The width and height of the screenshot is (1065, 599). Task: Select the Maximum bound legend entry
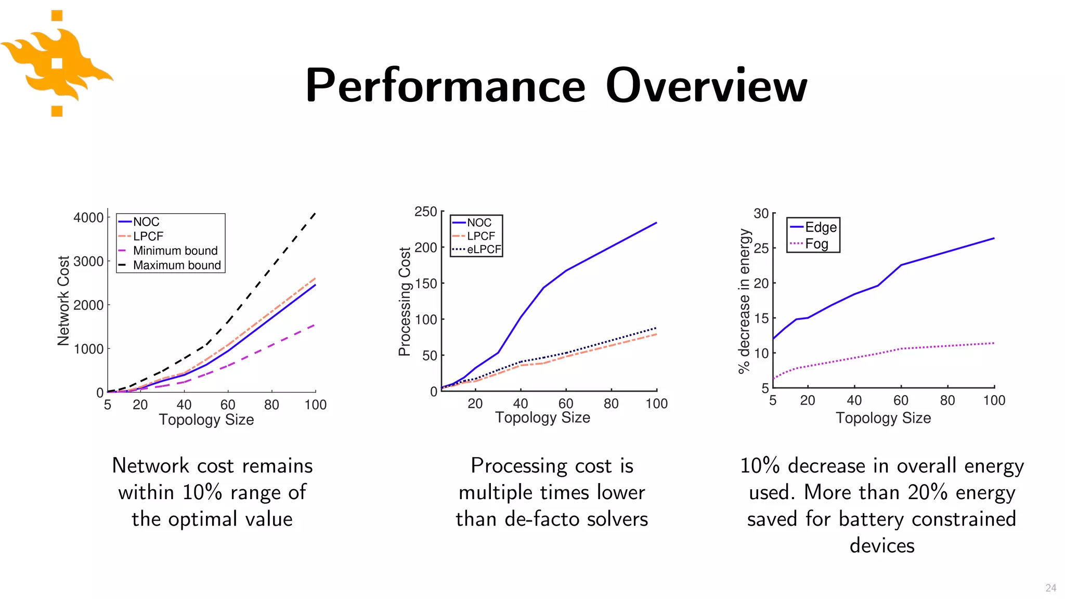point(177,265)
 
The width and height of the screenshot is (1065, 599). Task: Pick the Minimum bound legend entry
point(175,251)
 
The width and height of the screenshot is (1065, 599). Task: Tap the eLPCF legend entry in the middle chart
point(484,250)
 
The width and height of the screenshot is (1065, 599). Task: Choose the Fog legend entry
point(816,244)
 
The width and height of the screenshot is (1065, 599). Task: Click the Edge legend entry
point(821,227)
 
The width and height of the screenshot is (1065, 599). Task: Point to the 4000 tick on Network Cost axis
point(88,217)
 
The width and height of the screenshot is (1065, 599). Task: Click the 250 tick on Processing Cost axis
point(425,212)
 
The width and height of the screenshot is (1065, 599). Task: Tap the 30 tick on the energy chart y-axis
point(761,214)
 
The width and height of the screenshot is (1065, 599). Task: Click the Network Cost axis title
point(63,301)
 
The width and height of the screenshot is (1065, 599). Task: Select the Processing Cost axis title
point(405,302)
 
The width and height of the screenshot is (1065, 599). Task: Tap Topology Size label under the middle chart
point(542,418)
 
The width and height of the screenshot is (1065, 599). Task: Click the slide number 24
point(1050,588)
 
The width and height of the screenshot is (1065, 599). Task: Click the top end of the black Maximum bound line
point(315,213)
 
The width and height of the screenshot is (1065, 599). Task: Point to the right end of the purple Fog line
point(994,343)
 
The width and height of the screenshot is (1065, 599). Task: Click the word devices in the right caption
point(881,545)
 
